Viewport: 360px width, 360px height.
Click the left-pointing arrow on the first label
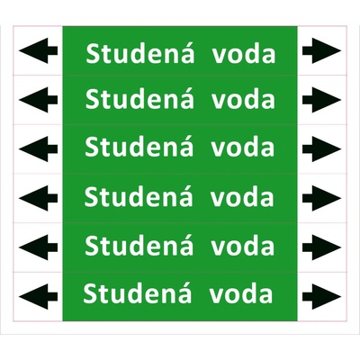[x=38, y=50]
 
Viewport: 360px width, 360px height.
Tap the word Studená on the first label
[x=140, y=53]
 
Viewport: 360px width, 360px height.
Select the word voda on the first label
[x=244, y=54]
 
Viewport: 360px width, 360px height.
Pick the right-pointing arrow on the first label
[x=321, y=50]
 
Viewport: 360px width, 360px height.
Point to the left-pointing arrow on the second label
[x=38, y=100]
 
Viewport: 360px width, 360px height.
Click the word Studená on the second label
[x=139, y=98]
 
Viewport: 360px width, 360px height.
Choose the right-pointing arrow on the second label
[x=321, y=100]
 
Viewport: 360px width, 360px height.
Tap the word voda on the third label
[x=243, y=148]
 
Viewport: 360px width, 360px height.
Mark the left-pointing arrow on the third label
[x=38, y=149]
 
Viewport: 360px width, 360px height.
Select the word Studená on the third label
[x=139, y=146]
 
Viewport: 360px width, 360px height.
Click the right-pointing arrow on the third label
[x=321, y=149]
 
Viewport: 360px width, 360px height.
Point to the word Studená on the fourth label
[x=139, y=195]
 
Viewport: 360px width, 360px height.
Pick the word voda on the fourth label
[x=242, y=197]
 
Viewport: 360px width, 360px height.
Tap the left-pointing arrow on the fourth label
[x=38, y=198]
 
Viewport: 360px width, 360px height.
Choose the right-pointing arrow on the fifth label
[x=321, y=247]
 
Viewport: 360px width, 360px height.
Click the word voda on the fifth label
[x=242, y=246]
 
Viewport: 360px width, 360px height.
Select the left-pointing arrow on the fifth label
[x=38, y=247]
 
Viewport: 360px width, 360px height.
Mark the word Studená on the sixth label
[x=138, y=292]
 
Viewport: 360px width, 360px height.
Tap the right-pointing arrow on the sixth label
[x=321, y=297]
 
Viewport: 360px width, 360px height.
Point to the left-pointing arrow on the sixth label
[x=38, y=297]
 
